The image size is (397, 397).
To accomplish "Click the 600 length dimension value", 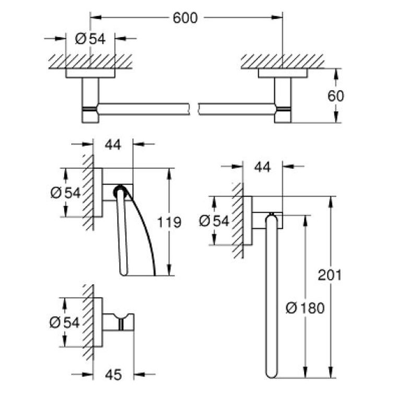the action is pyautogui.click(x=185, y=18).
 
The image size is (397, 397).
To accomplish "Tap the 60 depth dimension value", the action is pyautogui.click(x=336, y=96).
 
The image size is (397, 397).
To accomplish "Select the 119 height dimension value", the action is pyautogui.click(x=169, y=223).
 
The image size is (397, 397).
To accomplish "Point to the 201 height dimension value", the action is pyautogui.click(x=330, y=275).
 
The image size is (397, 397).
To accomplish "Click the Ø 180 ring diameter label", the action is pyautogui.click(x=305, y=308).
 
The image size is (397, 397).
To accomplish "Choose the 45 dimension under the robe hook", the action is pyautogui.click(x=113, y=375).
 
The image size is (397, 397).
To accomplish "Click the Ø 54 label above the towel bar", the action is pyautogui.click(x=90, y=39).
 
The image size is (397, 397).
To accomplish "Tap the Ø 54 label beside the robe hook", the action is pyautogui.click(x=65, y=323).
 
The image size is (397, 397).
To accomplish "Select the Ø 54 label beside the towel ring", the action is pyautogui.click(x=214, y=221).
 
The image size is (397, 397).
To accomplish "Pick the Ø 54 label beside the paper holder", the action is pyautogui.click(x=66, y=193).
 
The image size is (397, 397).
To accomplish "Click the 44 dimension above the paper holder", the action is pyautogui.click(x=113, y=145).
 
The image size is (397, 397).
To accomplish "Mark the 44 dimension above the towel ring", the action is pyautogui.click(x=263, y=167).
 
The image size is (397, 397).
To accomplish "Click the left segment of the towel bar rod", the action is pyautogui.click(x=144, y=109).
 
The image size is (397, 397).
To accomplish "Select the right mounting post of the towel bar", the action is pyautogui.click(x=283, y=100).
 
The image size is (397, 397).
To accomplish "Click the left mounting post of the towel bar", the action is pyautogui.click(x=90, y=100).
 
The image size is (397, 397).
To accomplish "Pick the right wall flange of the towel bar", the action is pyautogui.click(x=283, y=73).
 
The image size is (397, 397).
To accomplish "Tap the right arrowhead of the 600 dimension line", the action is pyautogui.click(x=277, y=17).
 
